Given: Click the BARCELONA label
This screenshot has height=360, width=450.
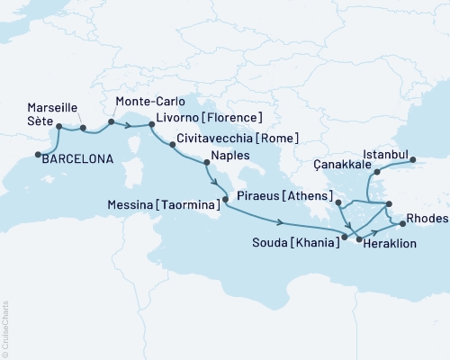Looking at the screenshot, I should click(x=79, y=158).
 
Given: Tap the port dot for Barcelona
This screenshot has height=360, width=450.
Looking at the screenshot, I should click(x=39, y=155).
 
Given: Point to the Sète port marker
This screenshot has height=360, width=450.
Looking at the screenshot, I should click(x=59, y=128).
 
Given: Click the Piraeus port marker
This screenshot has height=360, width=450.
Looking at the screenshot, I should click(x=337, y=204).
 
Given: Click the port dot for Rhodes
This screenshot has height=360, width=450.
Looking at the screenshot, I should click(x=402, y=224).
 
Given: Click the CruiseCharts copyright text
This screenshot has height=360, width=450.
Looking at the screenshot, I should click(x=5, y=328).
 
